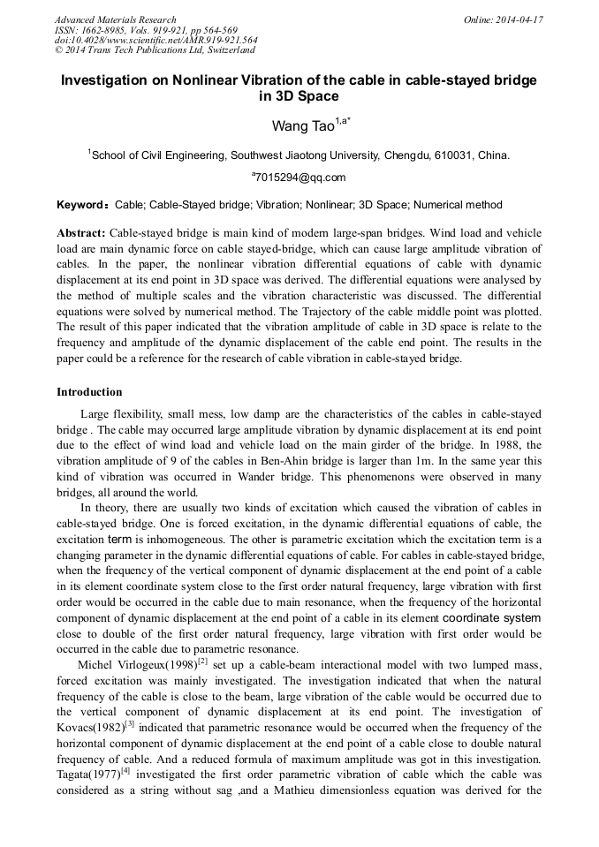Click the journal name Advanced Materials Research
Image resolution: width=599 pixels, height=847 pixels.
coord(116,19)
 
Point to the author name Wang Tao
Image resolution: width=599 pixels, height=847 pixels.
coord(302,126)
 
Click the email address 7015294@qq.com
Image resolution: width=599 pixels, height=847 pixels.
coord(299,178)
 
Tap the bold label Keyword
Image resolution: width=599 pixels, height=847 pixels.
coord(81,205)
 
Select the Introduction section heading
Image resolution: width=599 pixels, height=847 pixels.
coord(89,392)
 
